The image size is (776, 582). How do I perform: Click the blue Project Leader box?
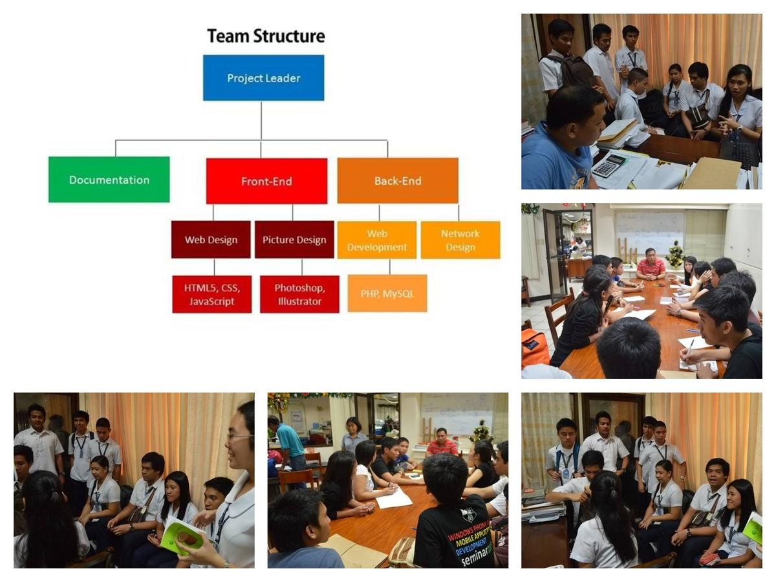click(x=263, y=78)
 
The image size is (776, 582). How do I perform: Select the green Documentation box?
click(x=109, y=179)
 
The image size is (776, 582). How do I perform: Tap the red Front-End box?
click(x=266, y=181)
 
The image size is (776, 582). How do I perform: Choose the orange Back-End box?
click(x=397, y=180)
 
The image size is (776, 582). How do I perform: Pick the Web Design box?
click(x=211, y=239)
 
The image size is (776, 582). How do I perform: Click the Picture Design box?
click(x=294, y=239)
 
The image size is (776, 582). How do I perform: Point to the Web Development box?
click(x=376, y=240)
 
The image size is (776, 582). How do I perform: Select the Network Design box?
click(x=460, y=240)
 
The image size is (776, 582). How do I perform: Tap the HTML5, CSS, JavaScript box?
click(x=211, y=294)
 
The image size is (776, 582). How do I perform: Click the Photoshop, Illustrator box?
click(x=299, y=294)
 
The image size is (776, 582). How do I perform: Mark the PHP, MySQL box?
click(x=387, y=294)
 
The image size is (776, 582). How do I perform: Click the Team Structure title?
click(x=265, y=36)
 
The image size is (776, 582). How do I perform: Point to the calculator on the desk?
click(x=608, y=166)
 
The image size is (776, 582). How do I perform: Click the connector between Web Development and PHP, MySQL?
click(x=390, y=266)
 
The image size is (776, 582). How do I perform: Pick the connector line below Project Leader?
click(x=261, y=120)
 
